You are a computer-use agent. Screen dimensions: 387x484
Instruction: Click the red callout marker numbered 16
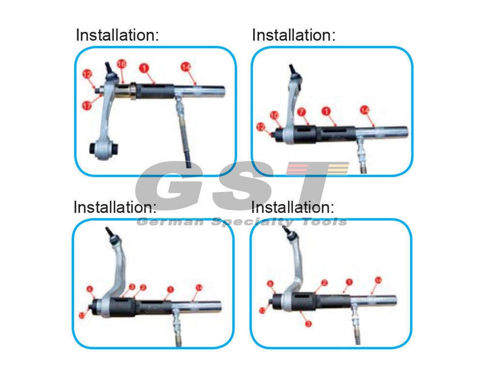[x=122, y=64]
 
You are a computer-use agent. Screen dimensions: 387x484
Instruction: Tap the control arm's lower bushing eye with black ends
[x=104, y=148]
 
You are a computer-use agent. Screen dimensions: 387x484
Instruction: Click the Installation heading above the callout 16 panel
[x=117, y=35]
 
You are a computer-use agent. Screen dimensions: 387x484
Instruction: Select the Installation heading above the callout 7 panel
[x=293, y=35]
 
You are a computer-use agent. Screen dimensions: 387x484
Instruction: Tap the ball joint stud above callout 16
[x=108, y=69]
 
